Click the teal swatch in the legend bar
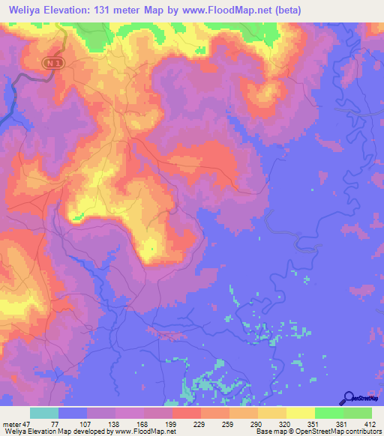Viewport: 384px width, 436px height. pyautogui.click(x=44, y=413)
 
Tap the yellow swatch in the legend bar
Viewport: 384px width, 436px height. pyautogui.click(x=300, y=413)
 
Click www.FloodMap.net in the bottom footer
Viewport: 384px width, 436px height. pyautogui.click(x=143, y=432)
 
